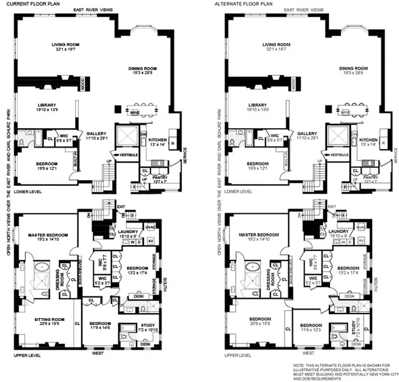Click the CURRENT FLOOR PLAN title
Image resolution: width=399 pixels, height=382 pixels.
34,4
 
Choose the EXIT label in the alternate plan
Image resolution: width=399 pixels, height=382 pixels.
331,206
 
